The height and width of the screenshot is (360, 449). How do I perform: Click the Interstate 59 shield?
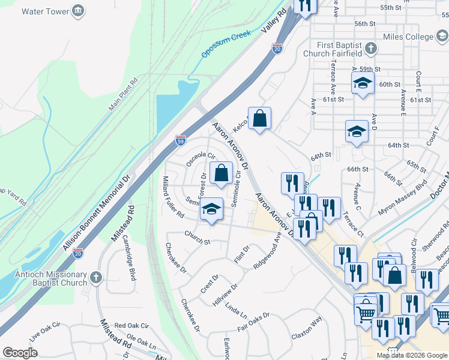pyautogui.click(x=181, y=140)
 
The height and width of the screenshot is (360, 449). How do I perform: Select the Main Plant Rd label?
pyautogui.click(x=124, y=94)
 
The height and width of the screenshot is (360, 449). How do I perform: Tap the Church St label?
pyautogui.click(x=197, y=238)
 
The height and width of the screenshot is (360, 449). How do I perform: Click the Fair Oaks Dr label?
pyautogui.click(x=253, y=322)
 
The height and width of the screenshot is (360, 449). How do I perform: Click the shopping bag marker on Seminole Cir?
pyautogui.click(x=221, y=173)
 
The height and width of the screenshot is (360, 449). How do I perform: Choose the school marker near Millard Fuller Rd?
pyautogui.click(x=211, y=210)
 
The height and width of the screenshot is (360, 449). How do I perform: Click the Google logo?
pyautogui.click(x=20, y=352)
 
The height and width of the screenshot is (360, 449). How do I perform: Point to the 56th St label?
pyautogui.click(x=364, y=23)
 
